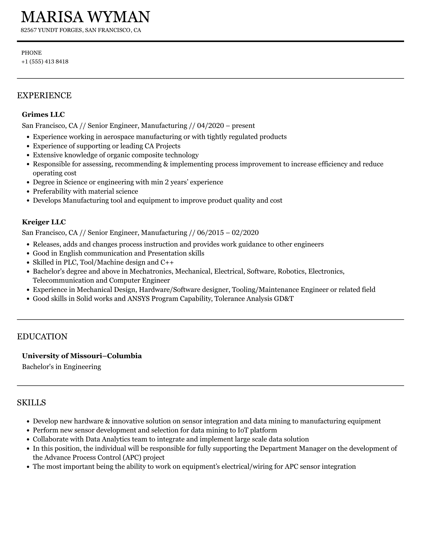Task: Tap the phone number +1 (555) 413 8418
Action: [45, 62]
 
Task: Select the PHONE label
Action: [31, 53]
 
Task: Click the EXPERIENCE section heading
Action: [44, 95]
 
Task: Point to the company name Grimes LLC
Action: [43, 114]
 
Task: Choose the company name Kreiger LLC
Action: [44, 222]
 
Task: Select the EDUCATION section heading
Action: [42, 337]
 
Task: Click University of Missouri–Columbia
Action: [82, 356]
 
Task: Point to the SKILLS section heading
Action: [31, 403]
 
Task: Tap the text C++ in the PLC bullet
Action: [167, 262]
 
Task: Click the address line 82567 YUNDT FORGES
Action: [52, 30]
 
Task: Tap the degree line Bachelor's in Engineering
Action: [61, 366]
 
